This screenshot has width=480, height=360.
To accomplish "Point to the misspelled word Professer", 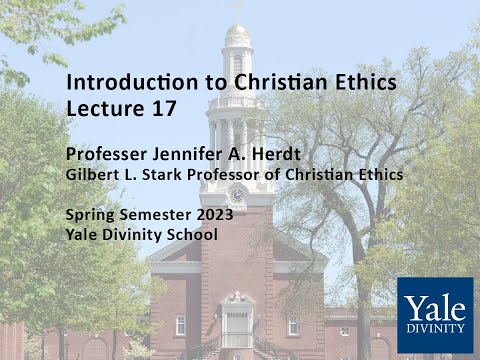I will pos(105,155).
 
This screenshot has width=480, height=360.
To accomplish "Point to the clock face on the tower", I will pos(237,194).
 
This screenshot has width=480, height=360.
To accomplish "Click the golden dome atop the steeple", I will pos(237,33).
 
